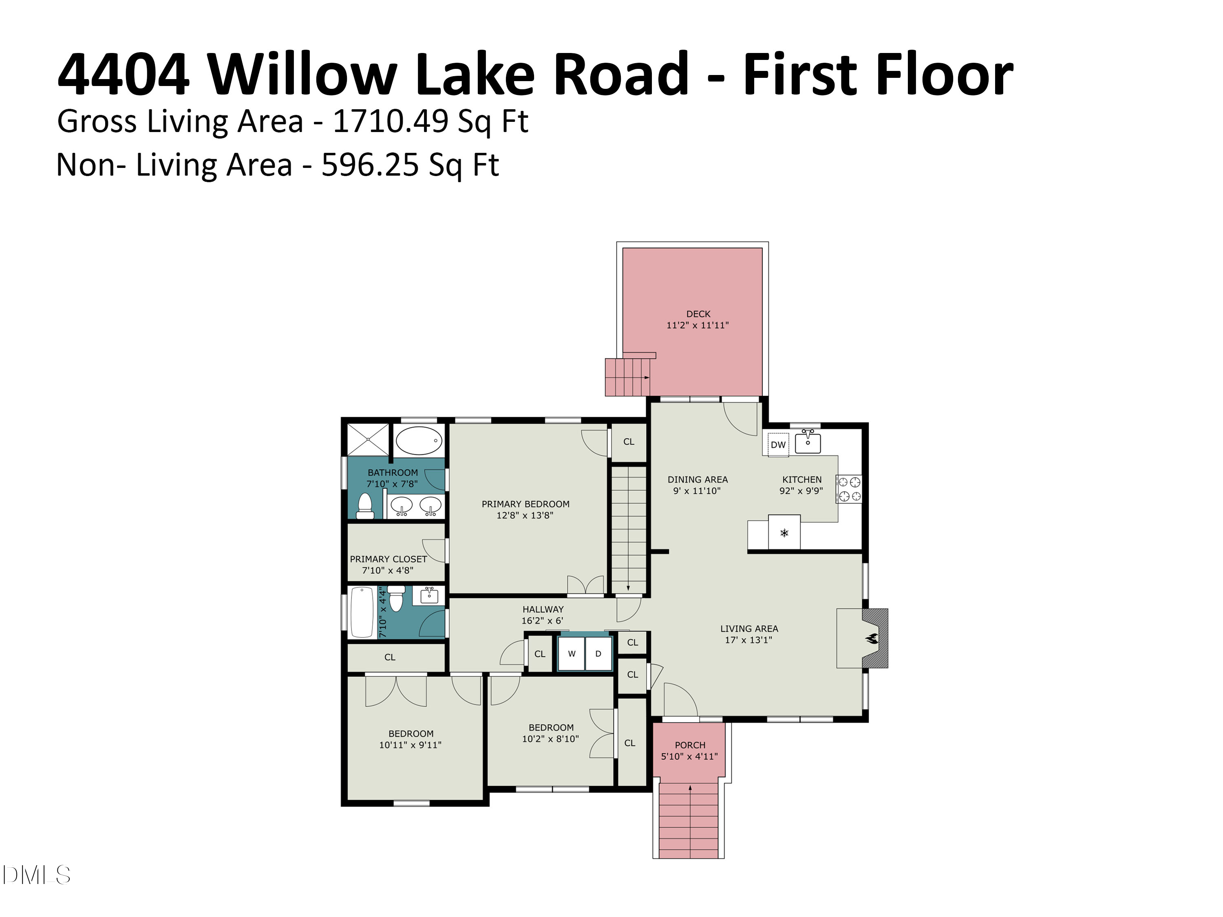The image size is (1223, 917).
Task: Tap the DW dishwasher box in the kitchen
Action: pos(778,444)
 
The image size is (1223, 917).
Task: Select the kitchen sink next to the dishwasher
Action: pos(808,442)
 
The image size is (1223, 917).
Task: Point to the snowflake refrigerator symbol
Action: pos(784,533)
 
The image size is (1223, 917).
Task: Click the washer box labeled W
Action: pos(572,654)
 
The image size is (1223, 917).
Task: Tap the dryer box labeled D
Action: pos(598,654)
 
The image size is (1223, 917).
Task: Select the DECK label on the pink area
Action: pos(698,314)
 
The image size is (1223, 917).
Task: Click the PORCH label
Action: pos(690,745)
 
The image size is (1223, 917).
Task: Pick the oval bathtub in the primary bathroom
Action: pos(419,441)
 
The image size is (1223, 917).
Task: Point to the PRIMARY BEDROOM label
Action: pos(525,504)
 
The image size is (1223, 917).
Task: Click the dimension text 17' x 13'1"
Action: pos(748,640)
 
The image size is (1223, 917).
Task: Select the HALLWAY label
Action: pos(543,609)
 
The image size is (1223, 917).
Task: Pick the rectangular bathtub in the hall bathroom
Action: pos(362,613)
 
